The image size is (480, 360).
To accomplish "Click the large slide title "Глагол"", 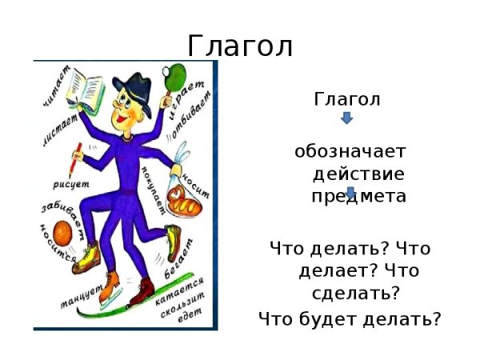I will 240,46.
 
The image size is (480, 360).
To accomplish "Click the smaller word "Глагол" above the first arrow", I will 346,99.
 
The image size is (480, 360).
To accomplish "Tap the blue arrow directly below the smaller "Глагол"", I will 346,118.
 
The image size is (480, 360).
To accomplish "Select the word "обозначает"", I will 350,151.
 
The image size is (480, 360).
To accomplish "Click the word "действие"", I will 358,174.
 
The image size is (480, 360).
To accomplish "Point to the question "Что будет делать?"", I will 350,319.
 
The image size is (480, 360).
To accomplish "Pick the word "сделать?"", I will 358,293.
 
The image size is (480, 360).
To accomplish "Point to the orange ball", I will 63,232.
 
